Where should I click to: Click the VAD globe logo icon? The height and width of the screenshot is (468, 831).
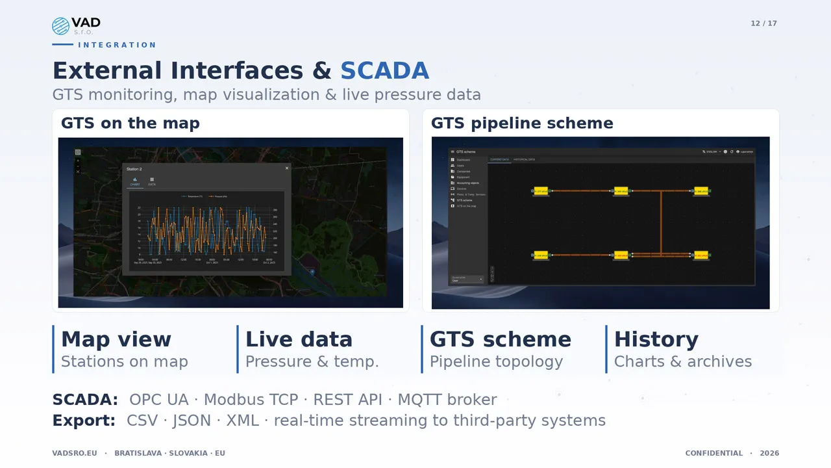click(x=60, y=26)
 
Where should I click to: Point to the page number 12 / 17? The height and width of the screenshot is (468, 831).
click(x=763, y=23)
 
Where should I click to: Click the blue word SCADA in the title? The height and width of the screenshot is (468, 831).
click(x=384, y=70)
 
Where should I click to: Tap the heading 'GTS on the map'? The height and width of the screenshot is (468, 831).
click(x=130, y=123)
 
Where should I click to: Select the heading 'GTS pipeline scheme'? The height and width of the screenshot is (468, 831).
click(x=522, y=123)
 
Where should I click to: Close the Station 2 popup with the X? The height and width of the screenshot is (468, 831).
click(x=287, y=168)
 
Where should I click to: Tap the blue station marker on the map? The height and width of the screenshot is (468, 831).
click(x=312, y=272)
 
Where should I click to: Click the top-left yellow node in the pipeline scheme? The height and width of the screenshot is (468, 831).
click(x=540, y=191)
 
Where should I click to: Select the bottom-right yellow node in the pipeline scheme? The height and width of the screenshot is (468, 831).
click(x=701, y=255)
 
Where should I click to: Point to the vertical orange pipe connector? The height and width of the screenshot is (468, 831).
click(x=661, y=222)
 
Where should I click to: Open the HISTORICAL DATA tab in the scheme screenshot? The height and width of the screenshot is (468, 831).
click(x=524, y=159)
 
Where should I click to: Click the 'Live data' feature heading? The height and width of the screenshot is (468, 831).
click(x=299, y=339)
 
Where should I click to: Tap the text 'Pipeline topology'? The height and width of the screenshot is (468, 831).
click(x=496, y=361)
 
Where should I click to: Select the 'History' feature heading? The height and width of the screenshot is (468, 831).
click(x=656, y=339)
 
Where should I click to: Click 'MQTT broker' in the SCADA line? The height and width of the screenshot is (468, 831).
click(x=447, y=400)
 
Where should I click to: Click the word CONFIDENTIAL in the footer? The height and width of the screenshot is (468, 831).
click(x=713, y=453)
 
